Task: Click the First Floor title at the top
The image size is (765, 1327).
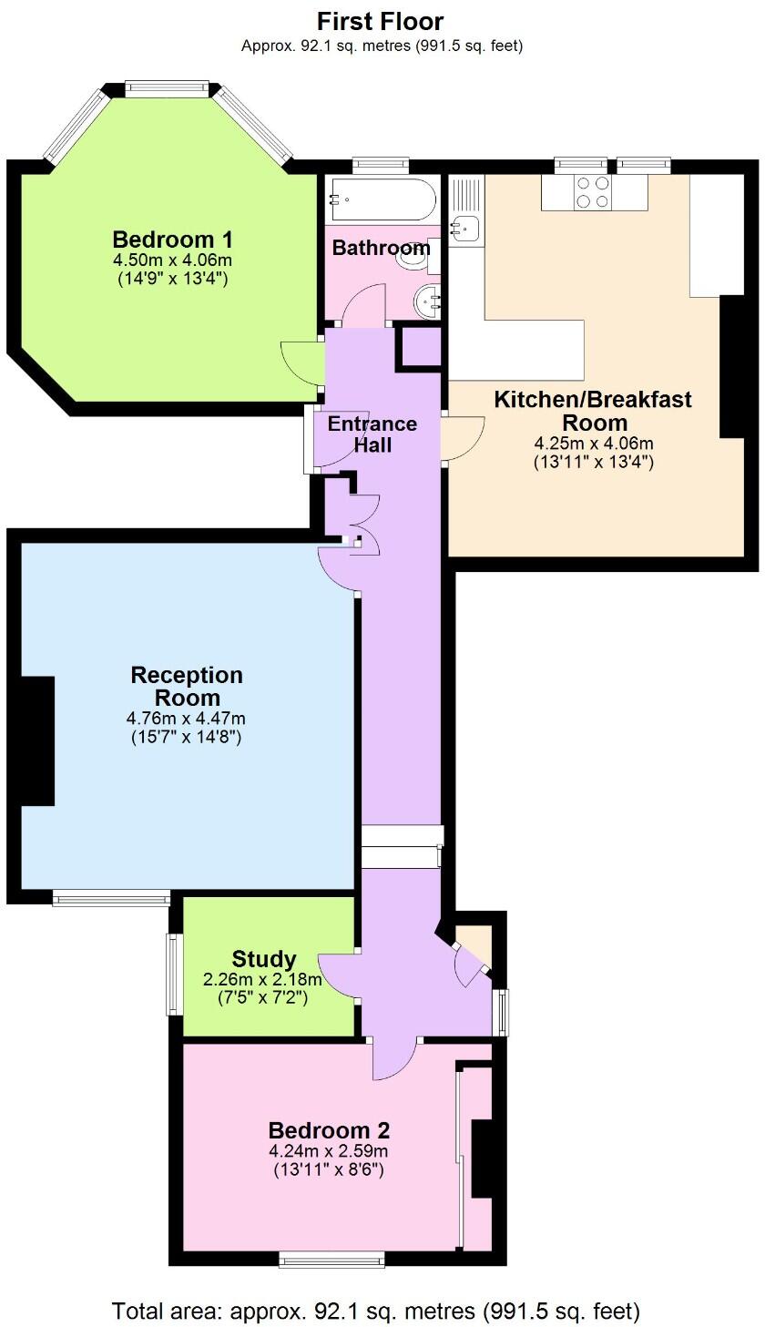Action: [382, 20]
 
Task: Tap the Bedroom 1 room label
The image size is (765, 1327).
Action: [172, 240]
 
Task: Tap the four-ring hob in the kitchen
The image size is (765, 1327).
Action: [591, 191]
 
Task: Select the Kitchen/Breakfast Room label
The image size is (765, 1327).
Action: [593, 411]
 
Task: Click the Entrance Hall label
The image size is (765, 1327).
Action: [372, 434]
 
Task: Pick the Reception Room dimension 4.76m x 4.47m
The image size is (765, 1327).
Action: [186, 719]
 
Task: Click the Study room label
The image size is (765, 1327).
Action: [264, 958]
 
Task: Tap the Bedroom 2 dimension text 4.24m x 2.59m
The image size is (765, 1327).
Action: [329, 1152]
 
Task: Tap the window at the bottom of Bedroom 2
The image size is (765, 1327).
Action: [331, 1260]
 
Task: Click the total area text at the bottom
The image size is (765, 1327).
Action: [376, 1311]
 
